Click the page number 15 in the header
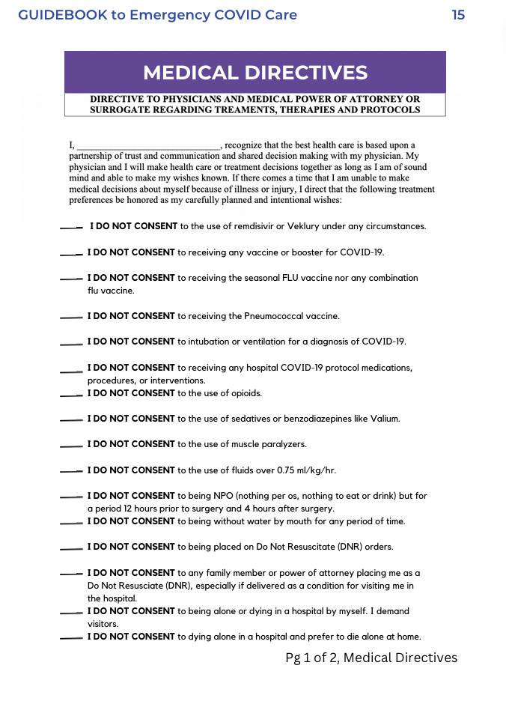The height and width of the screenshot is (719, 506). coord(458,15)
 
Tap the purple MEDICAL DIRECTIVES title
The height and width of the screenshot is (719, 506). coord(255,73)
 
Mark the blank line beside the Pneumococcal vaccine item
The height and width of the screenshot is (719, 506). coord(70,317)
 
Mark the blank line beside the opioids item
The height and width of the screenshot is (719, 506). coord(70,394)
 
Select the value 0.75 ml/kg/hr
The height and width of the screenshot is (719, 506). coord(308,470)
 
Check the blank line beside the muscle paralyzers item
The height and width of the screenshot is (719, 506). coord(70,446)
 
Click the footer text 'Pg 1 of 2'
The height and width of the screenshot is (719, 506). coord(311,658)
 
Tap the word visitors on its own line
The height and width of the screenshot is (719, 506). coord(103,623)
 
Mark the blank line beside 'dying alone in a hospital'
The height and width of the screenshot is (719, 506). coord(70,638)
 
